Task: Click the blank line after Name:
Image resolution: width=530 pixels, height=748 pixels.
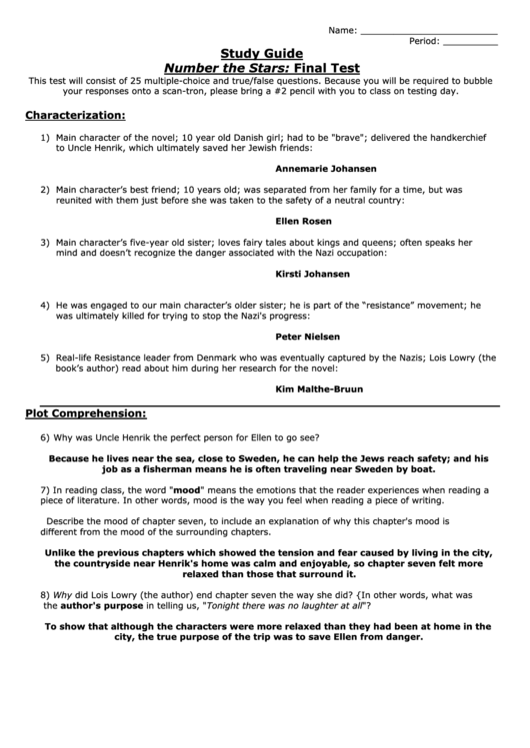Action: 428,32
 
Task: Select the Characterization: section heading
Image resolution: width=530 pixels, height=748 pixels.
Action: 75,115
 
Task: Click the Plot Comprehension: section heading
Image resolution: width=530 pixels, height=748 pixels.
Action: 86,412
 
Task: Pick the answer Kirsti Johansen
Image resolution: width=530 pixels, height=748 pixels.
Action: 312,273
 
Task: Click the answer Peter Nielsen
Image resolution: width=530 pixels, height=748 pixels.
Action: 308,337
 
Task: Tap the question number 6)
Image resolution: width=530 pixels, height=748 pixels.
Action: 46,438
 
